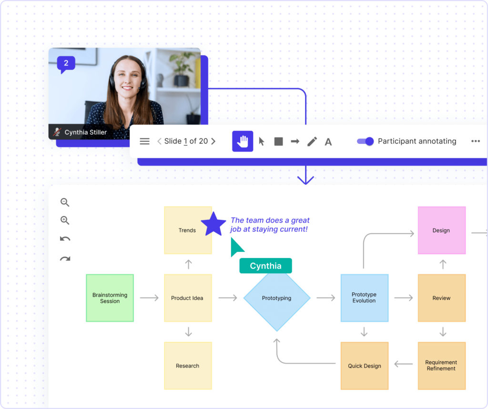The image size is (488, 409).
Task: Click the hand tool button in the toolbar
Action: click(x=243, y=141)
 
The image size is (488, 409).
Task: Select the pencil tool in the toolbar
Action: click(x=312, y=141)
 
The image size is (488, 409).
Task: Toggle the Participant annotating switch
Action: click(x=366, y=141)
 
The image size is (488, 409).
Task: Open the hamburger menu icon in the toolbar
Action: click(x=144, y=141)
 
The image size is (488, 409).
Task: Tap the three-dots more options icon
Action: click(x=476, y=141)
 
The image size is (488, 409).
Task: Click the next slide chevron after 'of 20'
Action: click(x=213, y=141)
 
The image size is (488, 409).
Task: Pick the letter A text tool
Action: click(x=328, y=142)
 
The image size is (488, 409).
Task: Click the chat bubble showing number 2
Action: click(x=66, y=64)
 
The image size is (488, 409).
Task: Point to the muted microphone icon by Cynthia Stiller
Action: click(x=57, y=132)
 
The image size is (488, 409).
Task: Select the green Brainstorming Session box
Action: click(x=110, y=298)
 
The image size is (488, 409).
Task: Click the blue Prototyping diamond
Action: click(x=277, y=298)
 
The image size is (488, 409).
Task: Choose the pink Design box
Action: click(x=441, y=230)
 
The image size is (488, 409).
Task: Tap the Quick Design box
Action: click(x=365, y=366)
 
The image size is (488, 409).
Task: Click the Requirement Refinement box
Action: click(x=441, y=366)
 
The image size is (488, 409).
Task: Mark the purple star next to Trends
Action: click(x=213, y=224)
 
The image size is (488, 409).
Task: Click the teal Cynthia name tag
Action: click(x=265, y=266)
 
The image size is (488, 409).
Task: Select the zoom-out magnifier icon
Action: click(x=65, y=202)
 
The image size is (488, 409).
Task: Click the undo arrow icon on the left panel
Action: click(x=65, y=239)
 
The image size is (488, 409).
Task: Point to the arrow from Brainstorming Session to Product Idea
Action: click(x=149, y=298)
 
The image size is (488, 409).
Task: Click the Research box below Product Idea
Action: click(x=188, y=366)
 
